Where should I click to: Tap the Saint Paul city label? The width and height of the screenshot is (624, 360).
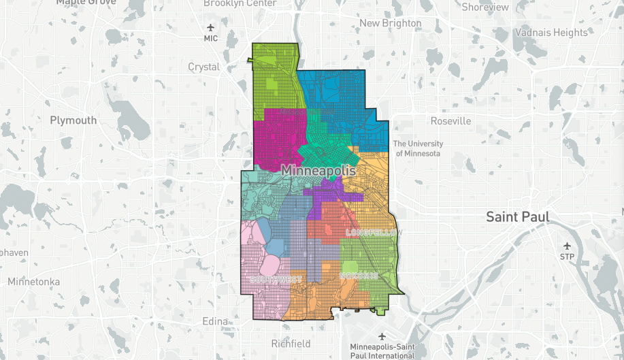[517, 217]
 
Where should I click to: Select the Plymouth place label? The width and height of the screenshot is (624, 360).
[73, 120]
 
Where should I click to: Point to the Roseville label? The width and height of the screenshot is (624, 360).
[450, 121]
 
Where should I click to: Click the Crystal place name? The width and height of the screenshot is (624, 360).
[204, 67]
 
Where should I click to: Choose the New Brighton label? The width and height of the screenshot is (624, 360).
[391, 23]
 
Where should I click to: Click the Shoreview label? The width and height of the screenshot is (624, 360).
[485, 7]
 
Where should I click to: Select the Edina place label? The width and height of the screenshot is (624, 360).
[218, 321]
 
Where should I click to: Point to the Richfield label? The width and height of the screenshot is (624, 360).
[291, 344]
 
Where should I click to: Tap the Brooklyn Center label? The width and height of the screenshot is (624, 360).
[240, 3]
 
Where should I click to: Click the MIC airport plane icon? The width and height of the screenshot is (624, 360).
[210, 27]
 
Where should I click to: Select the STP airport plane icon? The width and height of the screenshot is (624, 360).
[567, 246]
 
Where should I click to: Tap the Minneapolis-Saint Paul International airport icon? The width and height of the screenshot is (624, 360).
[382, 336]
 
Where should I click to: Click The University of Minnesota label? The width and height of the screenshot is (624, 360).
[418, 148]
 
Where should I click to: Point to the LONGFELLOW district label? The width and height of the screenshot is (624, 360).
[374, 233]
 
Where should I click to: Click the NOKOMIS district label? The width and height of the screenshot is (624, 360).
[358, 276]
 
